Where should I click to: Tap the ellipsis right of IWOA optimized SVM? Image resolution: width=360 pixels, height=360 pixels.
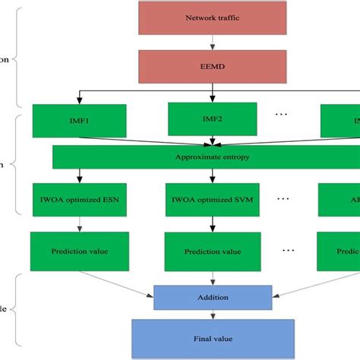(x=283, y=199)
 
